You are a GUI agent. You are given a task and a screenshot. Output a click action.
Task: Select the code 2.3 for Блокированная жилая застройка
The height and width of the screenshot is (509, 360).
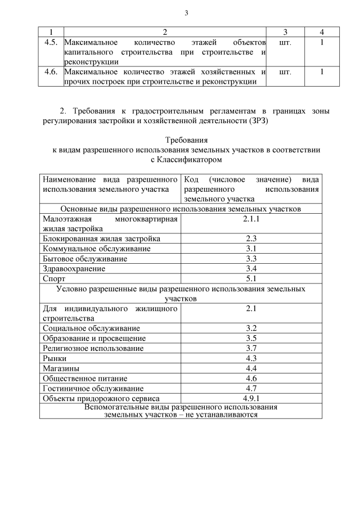[x=251, y=238]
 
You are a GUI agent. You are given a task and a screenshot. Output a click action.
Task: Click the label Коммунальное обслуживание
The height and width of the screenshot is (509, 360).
[x=88, y=249]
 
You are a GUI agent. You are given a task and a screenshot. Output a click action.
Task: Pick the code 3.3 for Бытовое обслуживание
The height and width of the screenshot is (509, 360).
[x=251, y=259]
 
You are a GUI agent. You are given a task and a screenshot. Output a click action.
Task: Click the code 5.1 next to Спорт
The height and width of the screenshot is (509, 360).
[x=251, y=278]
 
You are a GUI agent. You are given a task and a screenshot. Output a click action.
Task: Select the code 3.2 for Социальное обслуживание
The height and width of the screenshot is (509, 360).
[x=251, y=328]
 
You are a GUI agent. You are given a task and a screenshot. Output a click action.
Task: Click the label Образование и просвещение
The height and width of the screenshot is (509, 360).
[x=94, y=339]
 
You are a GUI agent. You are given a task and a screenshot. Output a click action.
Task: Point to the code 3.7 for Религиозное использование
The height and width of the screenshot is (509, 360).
[x=251, y=348]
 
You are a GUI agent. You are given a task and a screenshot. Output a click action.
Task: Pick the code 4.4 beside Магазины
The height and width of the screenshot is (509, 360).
[x=251, y=368]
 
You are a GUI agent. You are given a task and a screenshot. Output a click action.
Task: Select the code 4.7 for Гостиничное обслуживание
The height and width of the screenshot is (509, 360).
[x=251, y=389]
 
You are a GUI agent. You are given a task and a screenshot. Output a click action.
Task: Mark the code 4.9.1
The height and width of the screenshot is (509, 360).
[x=251, y=398]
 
